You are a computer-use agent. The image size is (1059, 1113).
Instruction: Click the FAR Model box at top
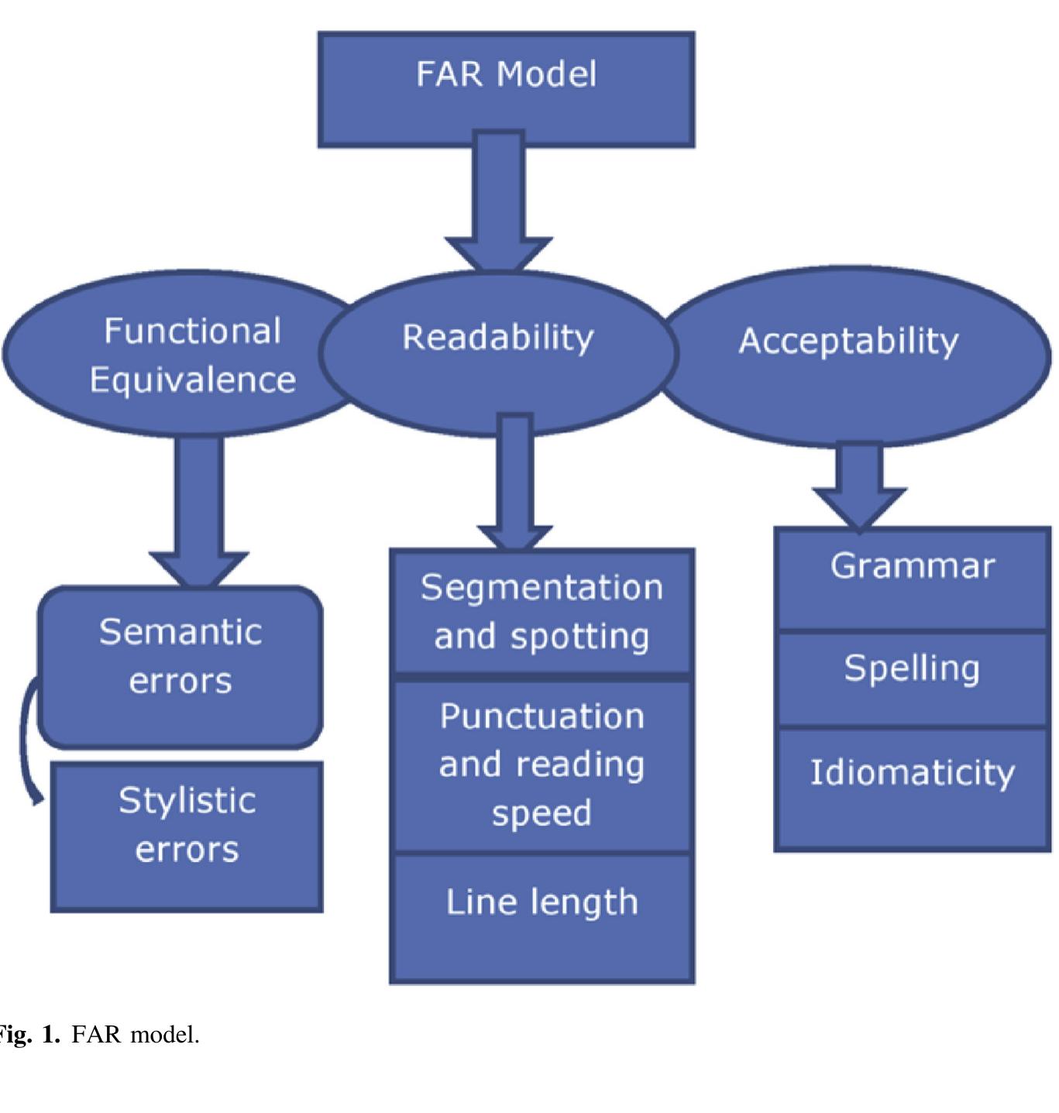506,89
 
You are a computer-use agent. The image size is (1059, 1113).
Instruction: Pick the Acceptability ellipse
852,356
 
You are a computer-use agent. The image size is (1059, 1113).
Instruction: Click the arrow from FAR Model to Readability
498,201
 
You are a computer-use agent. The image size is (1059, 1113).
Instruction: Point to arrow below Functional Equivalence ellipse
199,511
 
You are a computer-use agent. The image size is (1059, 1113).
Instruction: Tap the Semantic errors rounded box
181,667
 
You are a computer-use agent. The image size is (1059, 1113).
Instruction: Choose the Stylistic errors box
187,836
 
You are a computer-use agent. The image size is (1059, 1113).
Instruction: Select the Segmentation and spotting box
542,612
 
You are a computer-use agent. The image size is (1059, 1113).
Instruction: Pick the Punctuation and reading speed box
542,765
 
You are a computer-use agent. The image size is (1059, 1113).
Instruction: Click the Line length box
542,918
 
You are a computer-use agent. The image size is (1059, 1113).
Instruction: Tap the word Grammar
912,566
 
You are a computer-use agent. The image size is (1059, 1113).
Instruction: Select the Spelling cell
912,678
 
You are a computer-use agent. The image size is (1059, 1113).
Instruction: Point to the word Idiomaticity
912,772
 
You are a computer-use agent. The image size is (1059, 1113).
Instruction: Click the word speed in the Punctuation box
542,813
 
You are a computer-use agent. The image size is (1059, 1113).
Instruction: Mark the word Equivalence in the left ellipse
192,380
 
